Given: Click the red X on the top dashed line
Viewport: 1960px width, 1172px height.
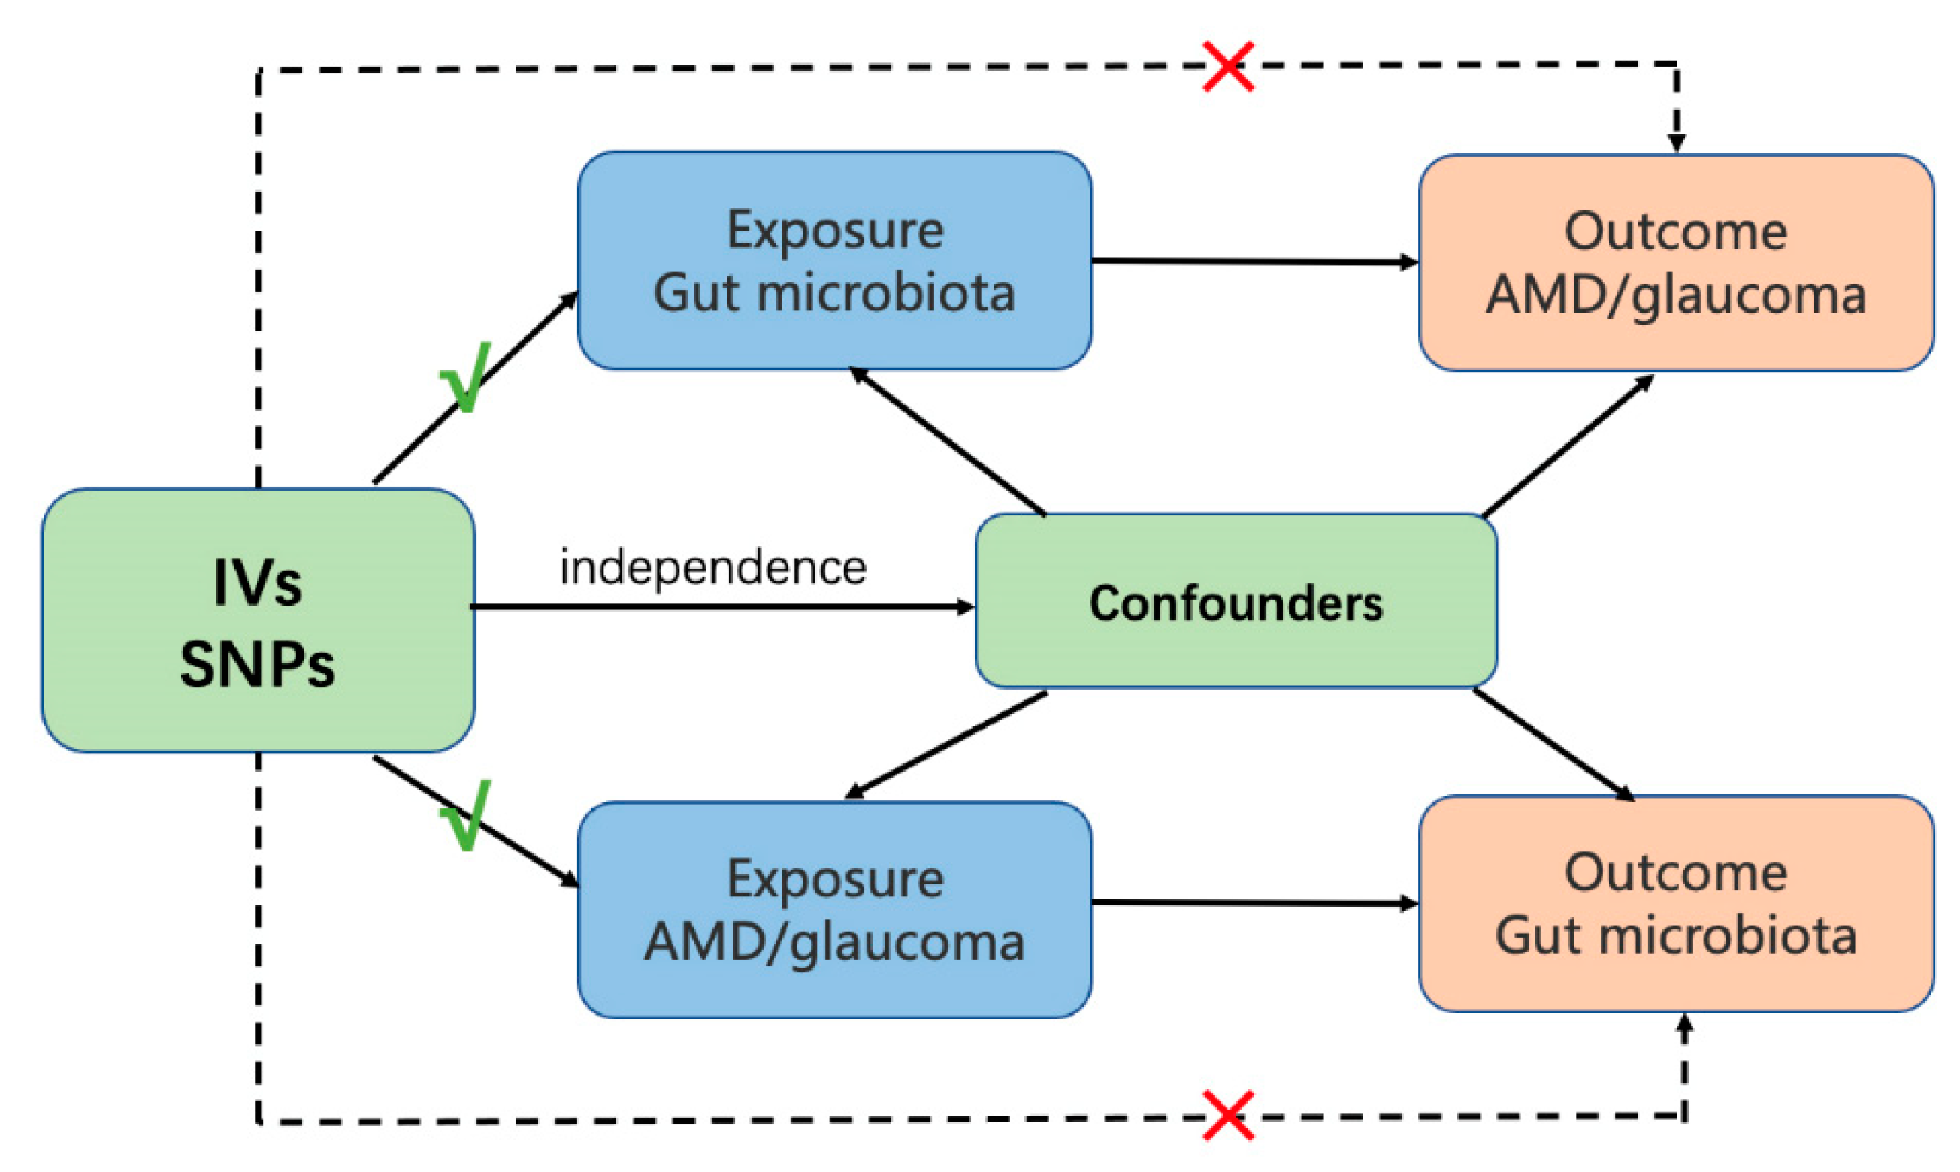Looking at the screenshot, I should [1228, 66].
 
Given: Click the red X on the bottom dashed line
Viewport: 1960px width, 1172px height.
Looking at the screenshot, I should [1228, 1116].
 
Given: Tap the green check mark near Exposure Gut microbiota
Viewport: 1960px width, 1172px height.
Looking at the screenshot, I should [466, 379].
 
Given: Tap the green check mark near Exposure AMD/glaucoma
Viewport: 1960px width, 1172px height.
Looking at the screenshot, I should [466, 817].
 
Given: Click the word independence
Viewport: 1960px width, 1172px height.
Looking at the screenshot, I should [712, 568].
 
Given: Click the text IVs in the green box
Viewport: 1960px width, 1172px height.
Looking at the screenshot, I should [258, 584].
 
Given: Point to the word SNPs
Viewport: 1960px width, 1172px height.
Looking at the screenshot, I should [258, 664].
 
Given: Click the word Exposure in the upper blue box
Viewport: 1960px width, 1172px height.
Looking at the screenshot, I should [835, 231].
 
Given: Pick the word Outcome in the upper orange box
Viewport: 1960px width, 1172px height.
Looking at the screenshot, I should [1676, 232].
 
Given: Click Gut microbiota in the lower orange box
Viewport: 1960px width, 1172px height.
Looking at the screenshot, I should [1676, 936].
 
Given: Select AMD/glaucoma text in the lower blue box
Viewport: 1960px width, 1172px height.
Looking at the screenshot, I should [834, 941].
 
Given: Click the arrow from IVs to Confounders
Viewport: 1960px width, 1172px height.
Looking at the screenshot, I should [723, 606].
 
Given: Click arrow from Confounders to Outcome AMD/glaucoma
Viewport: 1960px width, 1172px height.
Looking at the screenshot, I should [1568, 446].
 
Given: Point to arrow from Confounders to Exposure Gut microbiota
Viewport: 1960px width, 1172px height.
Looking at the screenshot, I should [948, 443].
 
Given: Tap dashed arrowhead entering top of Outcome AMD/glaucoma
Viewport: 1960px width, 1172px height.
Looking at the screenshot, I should [1677, 142].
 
